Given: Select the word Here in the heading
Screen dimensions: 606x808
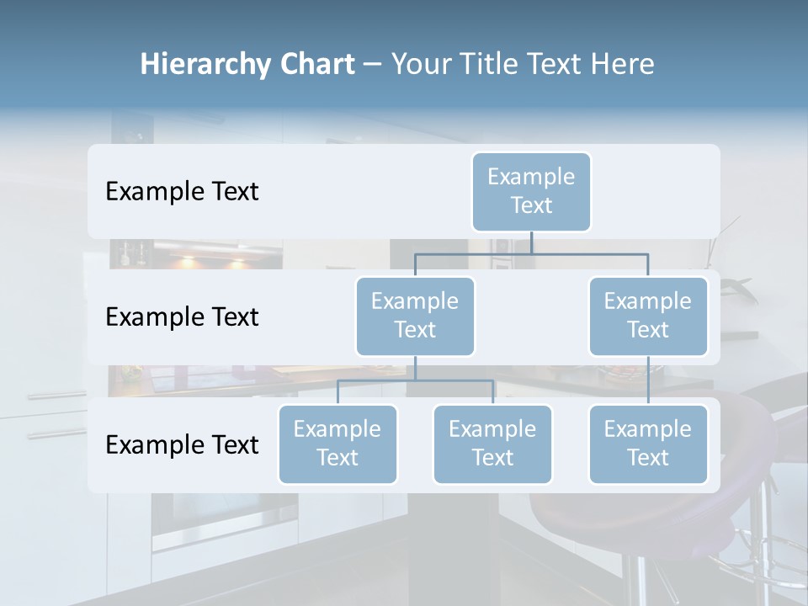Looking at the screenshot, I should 623,64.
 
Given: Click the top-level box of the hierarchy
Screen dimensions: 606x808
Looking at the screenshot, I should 531,192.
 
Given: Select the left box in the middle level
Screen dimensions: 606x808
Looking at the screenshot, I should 415,316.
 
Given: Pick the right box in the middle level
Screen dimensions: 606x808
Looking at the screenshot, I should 648,316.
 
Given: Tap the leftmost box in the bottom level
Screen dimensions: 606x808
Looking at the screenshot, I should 338,444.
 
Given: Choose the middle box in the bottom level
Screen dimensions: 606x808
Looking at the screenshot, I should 492,444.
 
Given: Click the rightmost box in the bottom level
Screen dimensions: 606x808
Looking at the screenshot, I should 648,444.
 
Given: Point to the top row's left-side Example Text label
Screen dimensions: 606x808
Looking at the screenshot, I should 182,192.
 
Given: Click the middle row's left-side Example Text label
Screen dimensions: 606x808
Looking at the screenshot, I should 182,317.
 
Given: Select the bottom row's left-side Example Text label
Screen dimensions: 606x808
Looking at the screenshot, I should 182,444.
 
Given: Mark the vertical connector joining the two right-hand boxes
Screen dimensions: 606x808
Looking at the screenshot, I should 648,380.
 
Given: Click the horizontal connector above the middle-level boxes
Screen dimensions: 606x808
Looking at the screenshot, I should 531,253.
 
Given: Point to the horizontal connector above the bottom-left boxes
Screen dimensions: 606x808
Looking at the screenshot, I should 415,380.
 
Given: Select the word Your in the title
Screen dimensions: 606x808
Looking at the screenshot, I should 421,64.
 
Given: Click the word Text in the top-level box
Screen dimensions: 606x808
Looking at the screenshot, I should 531,205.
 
